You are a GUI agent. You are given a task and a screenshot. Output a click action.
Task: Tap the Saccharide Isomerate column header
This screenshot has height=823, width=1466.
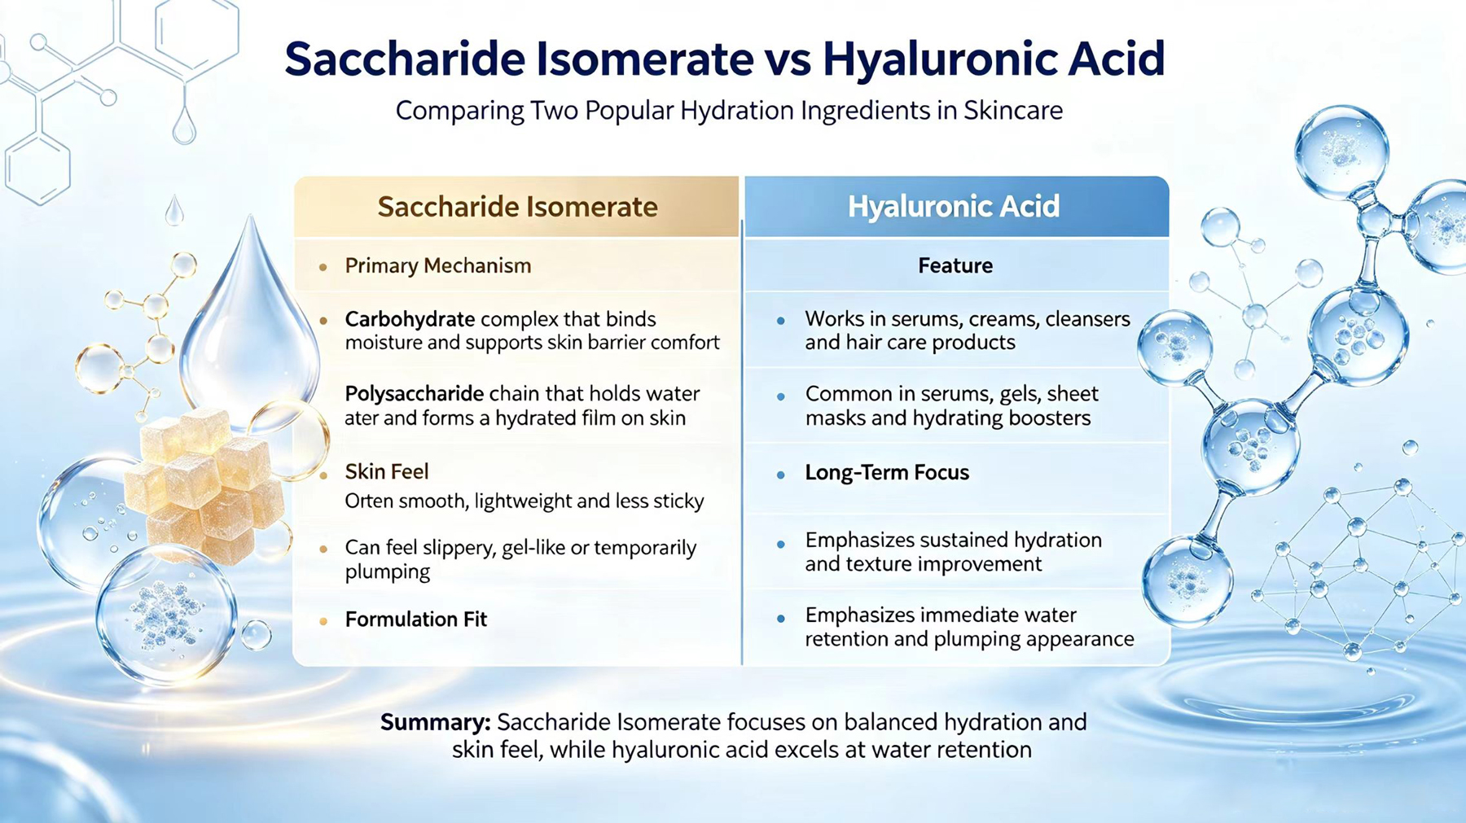point(517,207)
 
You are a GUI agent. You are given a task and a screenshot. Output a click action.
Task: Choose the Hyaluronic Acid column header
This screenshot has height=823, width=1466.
point(954,207)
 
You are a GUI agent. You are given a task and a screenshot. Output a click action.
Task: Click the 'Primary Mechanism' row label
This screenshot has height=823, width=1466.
point(437,266)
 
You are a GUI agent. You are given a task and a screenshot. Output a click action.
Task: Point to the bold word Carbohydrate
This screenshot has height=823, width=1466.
point(410,320)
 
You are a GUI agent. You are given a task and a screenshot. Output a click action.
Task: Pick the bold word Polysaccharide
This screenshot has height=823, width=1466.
point(415,394)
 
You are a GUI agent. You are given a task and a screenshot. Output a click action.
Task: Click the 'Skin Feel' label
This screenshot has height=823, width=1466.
point(386,471)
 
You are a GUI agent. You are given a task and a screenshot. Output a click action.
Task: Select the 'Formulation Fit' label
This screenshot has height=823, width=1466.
point(415,619)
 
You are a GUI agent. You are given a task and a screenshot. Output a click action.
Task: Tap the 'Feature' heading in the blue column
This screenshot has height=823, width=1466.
point(955,266)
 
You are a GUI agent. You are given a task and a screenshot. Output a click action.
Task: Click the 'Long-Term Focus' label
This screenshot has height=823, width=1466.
point(887,473)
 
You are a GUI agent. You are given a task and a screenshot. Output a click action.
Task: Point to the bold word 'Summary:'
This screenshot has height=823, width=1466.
point(435,723)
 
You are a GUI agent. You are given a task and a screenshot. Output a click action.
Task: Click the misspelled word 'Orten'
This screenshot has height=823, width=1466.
point(369,501)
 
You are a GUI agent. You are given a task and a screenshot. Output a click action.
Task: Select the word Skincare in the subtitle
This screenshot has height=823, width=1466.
point(1013,110)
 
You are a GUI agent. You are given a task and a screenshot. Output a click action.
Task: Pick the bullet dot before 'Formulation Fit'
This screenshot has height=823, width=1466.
point(323,621)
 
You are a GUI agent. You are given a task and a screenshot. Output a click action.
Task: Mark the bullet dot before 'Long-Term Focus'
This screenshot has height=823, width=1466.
point(780,475)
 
